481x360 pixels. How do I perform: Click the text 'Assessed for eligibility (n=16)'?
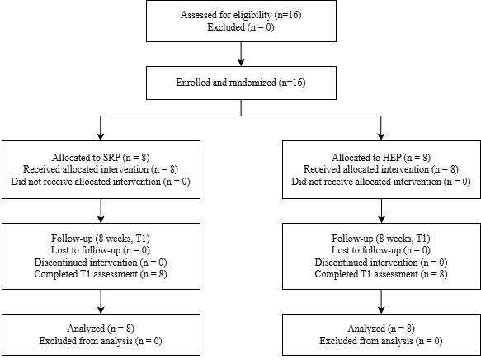[241, 15]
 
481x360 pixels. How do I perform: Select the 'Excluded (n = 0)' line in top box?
[241, 27]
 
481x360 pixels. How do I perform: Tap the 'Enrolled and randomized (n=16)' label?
[241, 83]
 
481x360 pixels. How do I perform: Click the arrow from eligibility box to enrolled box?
[241, 54]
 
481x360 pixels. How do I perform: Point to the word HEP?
[392, 158]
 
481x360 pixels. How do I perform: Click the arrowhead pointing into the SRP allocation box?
[101, 137]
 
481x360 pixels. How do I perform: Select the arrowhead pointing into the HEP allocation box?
[381, 137]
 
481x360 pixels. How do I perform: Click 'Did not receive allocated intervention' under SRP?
[86, 182]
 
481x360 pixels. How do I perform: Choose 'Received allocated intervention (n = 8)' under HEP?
[381, 169]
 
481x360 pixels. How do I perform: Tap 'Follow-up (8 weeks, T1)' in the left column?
[101, 239]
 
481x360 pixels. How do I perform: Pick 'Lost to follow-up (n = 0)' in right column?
[381, 250]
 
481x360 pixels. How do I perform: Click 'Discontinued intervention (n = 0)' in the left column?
[101, 263]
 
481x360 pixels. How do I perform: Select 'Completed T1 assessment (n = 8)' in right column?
[381, 274]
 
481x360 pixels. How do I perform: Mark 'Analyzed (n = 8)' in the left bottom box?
[101, 329]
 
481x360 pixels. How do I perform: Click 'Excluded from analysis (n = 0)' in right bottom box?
[381, 341]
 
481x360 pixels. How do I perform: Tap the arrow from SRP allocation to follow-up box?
[101, 211]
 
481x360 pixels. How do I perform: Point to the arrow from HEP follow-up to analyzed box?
[381, 301]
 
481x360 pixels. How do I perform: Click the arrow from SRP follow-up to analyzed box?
[101, 301]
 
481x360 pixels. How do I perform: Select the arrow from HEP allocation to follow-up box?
[381, 211]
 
